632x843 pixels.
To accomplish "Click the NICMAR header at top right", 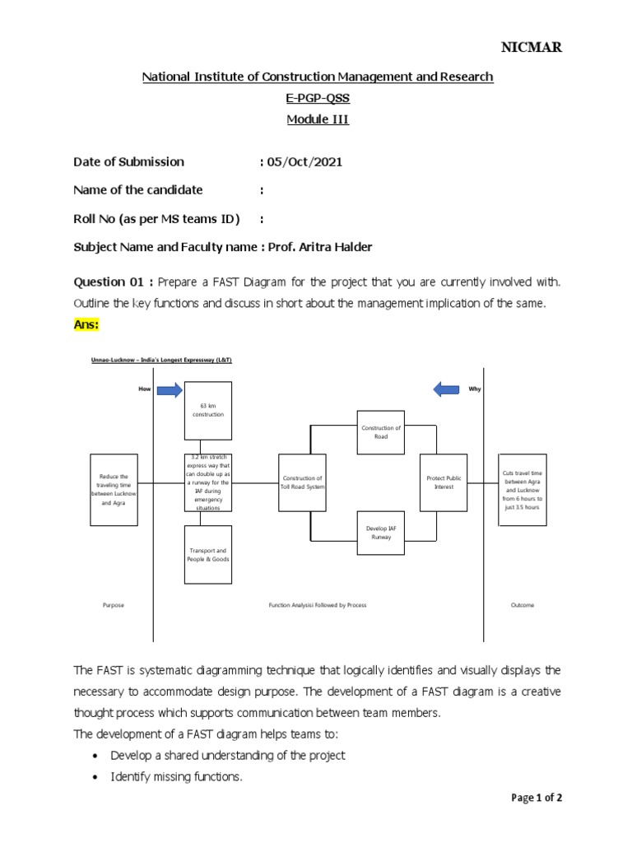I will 532,47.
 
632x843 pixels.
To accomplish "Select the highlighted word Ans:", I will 86,325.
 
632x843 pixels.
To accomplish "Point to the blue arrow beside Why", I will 448,389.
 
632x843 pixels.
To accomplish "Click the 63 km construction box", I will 208,410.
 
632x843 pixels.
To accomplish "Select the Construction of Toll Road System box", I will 302,482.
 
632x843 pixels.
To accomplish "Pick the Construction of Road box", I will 380,432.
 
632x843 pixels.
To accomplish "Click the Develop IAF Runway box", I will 380,532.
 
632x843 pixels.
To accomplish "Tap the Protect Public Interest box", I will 444,482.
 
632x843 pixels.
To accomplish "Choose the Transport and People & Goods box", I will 208,554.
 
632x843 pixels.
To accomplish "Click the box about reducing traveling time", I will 114,489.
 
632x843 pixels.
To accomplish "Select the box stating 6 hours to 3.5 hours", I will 522,490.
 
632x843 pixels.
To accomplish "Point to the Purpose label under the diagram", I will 114,605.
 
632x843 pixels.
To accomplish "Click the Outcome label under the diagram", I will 522,605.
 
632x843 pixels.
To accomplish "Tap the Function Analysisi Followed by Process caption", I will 318,605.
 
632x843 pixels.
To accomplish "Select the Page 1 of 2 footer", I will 537,798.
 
